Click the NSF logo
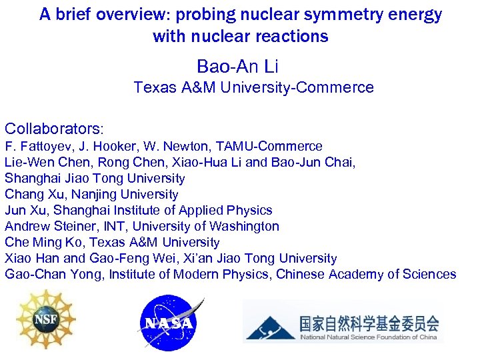[45, 320]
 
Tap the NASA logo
[169, 323]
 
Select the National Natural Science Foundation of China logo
[342, 323]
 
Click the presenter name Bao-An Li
[237, 66]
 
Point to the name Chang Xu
[31, 195]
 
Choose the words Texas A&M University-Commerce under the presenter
[253, 87]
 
